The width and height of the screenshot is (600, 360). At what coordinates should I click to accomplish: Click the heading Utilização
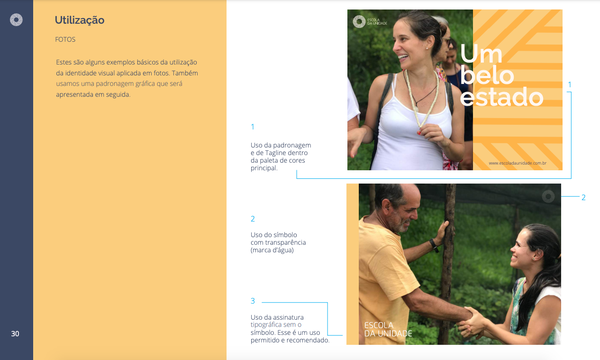tap(80, 20)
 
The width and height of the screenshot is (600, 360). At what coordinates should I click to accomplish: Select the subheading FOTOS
tap(65, 39)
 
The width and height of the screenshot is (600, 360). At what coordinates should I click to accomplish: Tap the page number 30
tap(15, 333)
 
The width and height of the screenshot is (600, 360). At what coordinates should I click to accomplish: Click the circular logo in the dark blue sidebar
tap(16, 19)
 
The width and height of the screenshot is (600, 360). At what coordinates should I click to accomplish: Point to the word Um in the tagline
tap(481, 55)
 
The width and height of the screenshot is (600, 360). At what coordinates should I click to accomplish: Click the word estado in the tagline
tap(501, 97)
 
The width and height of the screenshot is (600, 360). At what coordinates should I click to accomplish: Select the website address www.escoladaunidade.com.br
tap(517, 163)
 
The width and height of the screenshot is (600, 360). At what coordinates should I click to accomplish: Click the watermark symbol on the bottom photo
tap(548, 196)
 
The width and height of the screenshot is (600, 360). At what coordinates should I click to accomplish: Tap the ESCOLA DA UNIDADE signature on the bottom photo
tap(388, 329)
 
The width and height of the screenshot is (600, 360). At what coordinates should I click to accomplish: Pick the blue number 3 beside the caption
tap(253, 301)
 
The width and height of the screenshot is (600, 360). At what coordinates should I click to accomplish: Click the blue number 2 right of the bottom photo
tap(583, 198)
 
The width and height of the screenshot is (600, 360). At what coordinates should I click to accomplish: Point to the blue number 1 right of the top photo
tap(570, 85)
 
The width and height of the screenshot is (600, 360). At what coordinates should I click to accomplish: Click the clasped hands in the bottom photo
tap(471, 321)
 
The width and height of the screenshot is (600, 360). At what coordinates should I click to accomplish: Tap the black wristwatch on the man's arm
tap(434, 245)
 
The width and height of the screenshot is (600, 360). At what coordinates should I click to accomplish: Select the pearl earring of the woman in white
tap(427, 48)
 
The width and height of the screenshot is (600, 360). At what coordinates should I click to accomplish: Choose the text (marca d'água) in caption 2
tap(272, 250)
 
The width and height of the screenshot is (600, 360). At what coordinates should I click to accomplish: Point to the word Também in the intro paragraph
tap(185, 73)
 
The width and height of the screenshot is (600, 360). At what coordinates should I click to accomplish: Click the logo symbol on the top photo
tap(359, 21)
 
